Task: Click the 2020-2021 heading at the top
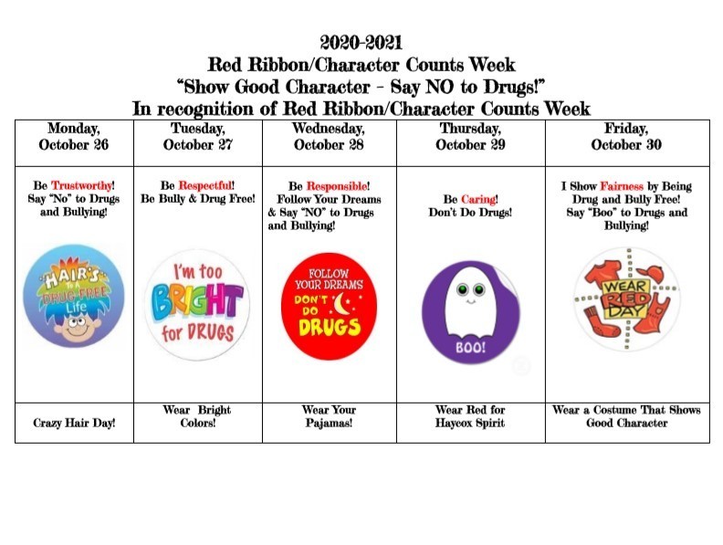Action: point(361,42)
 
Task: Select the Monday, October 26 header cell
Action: point(74,143)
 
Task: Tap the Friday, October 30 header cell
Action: point(627,143)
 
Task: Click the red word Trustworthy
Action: point(81,185)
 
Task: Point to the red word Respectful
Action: point(204,185)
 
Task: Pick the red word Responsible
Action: point(337,186)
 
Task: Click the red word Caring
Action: point(478,199)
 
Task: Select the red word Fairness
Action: point(622,186)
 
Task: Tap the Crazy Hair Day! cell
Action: point(74,423)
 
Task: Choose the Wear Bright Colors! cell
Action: point(198,423)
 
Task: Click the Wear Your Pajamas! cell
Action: point(330,423)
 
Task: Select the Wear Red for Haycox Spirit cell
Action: point(471,423)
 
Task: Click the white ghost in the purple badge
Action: point(470,303)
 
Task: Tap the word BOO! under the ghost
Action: point(470,348)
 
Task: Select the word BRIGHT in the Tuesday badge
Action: point(197,300)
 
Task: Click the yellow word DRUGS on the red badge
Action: point(330,327)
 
